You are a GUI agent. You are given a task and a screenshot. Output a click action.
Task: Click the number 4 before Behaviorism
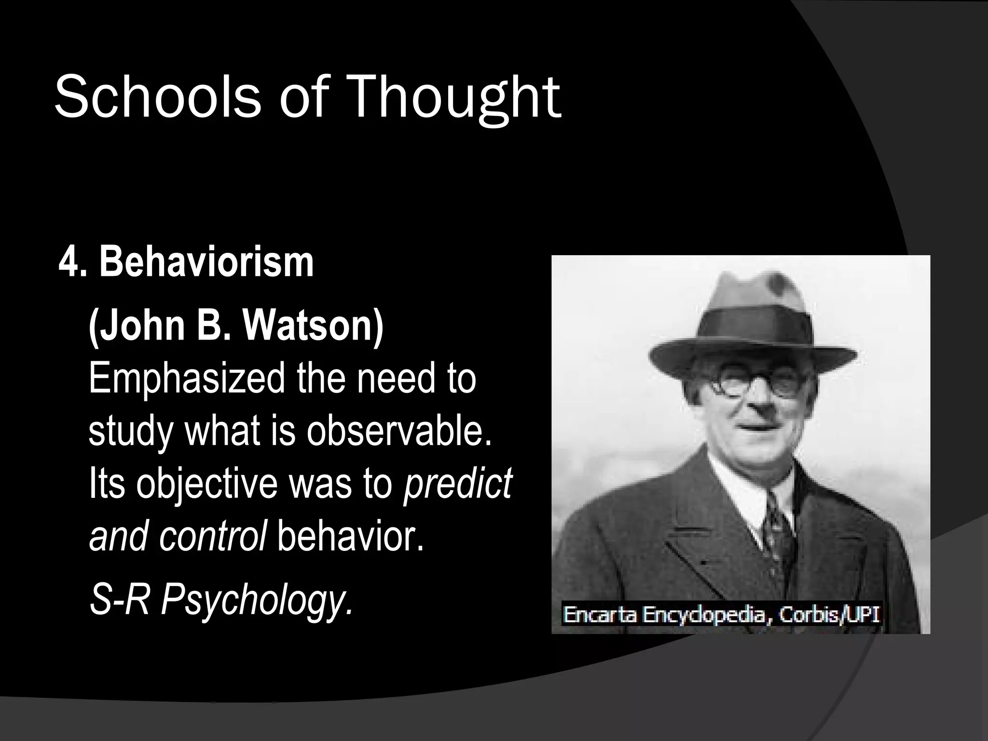point(69,264)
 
